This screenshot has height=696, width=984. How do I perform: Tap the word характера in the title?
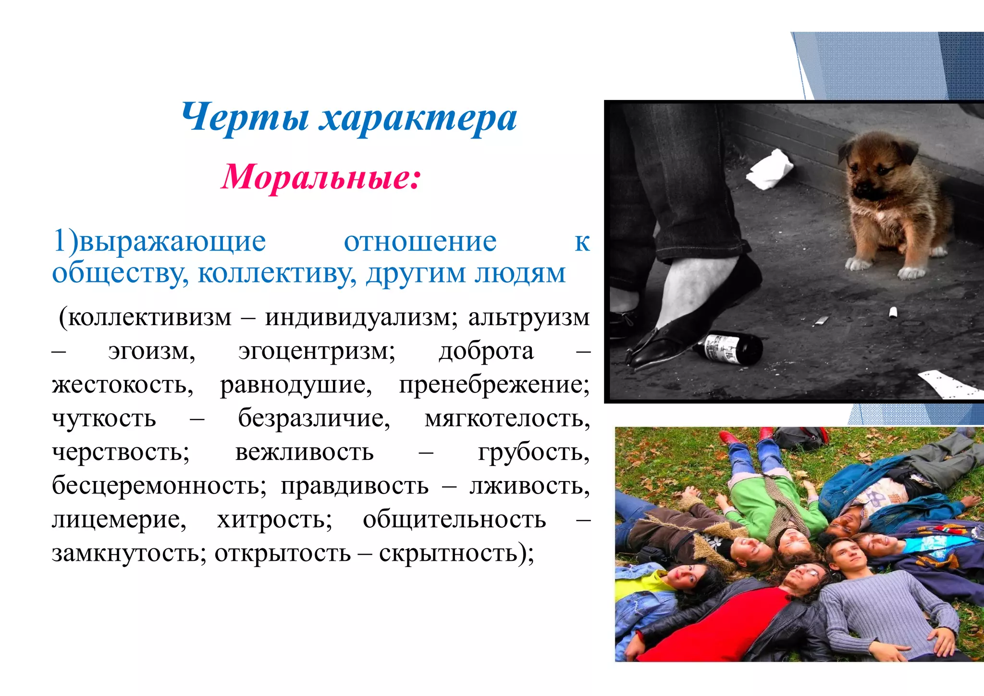pyautogui.click(x=418, y=119)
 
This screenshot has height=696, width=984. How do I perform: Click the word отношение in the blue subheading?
pyautogui.click(x=420, y=241)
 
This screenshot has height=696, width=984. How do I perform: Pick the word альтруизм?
pyautogui.click(x=529, y=317)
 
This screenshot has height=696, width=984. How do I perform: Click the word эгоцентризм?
pyautogui.click(x=317, y=351)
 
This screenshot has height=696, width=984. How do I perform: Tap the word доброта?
pyautogui.click(x=486, y=351)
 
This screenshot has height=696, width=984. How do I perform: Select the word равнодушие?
pyautogui.click(x=296, y=385)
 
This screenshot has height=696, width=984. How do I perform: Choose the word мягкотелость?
pyautogui.click(x=507, y=418)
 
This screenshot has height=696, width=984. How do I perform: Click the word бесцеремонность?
pyautogui.click(x=159, y=486)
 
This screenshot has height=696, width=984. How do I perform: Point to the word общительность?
pyautogui.click(x=454, y=519)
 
